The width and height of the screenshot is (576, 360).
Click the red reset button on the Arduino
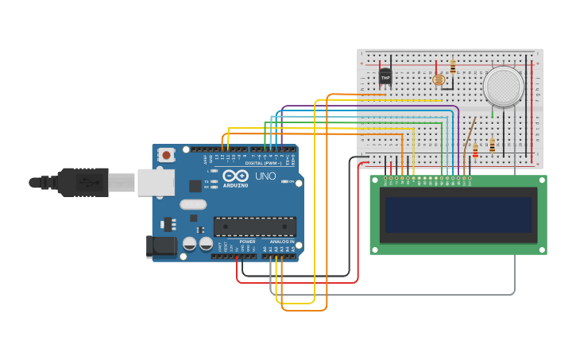[x=166, y=155]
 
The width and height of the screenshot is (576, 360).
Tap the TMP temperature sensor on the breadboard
[x=385, y=77]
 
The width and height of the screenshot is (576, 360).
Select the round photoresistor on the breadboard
[x=438, y=79]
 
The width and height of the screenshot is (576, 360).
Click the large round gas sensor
[x=504, y=85]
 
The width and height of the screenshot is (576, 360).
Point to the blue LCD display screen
[x=458, y=215]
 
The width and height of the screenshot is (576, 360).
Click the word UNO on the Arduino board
[x=265, y=176]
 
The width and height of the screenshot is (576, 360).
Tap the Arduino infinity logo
[x=235, y=176]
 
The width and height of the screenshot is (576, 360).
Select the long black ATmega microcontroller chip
[x=255, y=226]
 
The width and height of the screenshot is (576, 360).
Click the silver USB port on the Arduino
[x=156, y=183]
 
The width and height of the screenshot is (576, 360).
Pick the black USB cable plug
[x=83, y=182]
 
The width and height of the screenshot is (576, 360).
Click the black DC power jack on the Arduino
[x=162, y=247]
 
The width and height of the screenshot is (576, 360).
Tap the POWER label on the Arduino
[x=247, y=242]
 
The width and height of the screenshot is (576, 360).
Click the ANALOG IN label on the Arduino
[x=281, y=242]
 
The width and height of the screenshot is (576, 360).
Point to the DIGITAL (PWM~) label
[x=262, y=163]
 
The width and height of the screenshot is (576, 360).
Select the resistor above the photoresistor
[x=453, y=67]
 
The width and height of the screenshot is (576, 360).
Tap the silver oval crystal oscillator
[x=193, y=204]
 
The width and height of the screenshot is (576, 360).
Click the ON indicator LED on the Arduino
[x=284, y=181]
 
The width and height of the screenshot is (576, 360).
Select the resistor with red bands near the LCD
[x=475, y=150]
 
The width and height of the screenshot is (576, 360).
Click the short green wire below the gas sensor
[x=493, y=112]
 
